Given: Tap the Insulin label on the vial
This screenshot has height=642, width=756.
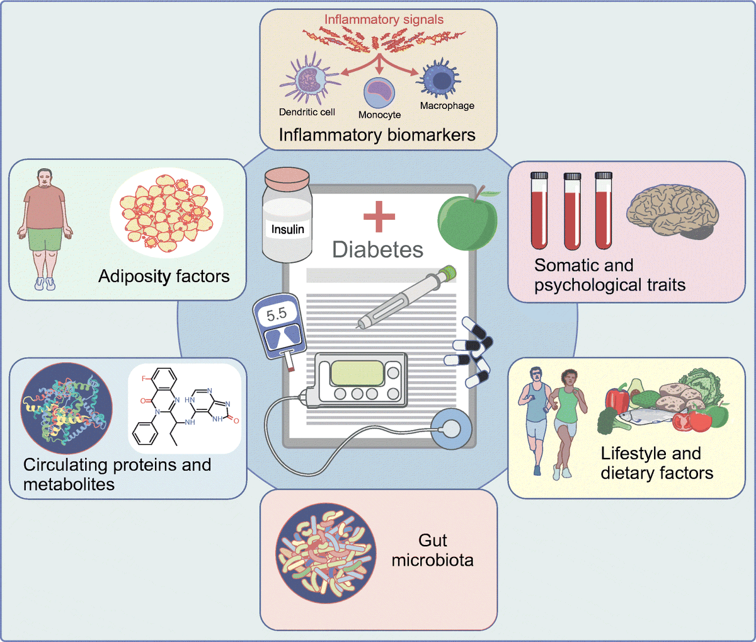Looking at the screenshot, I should click(x=287, y=229).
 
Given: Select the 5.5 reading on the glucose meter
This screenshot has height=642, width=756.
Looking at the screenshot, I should click(x=276, y=314).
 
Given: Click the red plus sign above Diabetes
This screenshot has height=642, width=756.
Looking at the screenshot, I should click(x=379, y=216).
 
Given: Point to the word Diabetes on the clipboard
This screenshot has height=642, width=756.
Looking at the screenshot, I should click(x=377, y=249).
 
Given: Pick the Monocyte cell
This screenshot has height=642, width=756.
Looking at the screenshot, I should click(x=379, y=93).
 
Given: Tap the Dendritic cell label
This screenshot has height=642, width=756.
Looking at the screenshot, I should click(x=307, y=112).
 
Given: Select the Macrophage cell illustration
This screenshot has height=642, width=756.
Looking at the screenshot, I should click(x=440, y=79).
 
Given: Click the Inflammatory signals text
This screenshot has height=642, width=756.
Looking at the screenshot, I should click(x=384, y=20).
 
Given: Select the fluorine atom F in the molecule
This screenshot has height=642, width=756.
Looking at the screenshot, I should click(x=144, y=379).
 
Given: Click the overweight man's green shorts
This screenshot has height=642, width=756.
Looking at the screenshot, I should click(x=44, y=239).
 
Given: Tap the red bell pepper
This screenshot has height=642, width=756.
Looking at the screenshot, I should click(x=617, y=400).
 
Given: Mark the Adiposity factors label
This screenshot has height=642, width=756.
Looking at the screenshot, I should click(x=164, y=276).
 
